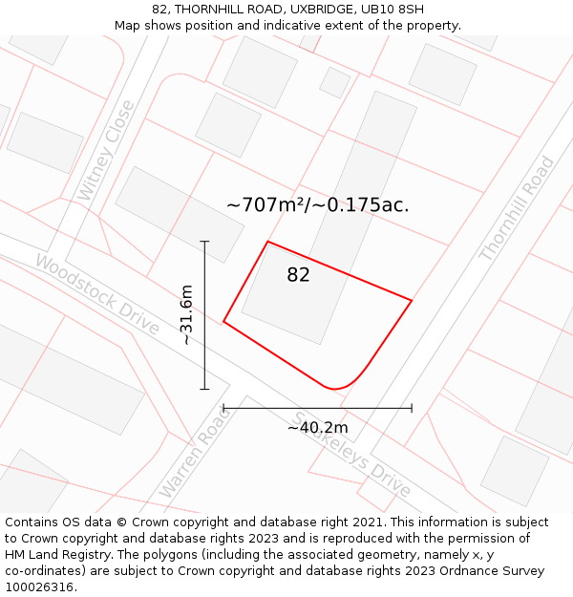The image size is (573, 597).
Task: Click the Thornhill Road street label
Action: click(517, 209)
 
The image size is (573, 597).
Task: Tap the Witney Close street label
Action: click(100, 163)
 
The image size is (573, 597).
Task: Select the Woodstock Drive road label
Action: click(97, 293)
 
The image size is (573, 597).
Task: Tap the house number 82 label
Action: click(298, 275)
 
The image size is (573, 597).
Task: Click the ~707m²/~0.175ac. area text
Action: click(317, 204)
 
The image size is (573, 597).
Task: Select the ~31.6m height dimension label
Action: click(186, 315)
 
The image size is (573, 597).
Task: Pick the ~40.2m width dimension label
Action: click(317, 428)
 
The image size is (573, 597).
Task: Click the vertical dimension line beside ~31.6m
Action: click(204, 315)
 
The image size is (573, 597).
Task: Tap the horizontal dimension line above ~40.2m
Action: click(317, 408)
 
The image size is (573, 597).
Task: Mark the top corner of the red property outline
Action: click(267, 242)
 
